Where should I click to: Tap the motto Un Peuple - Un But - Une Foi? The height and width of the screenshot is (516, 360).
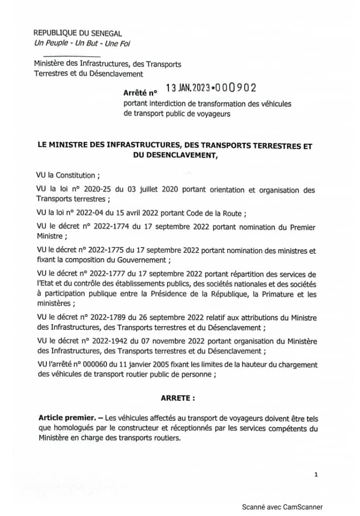(81, 43)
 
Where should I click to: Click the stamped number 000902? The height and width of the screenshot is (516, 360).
(234, 88)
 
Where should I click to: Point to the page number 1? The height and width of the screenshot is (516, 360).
(316, 474)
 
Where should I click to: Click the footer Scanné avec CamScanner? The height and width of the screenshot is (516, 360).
(282, 506)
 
